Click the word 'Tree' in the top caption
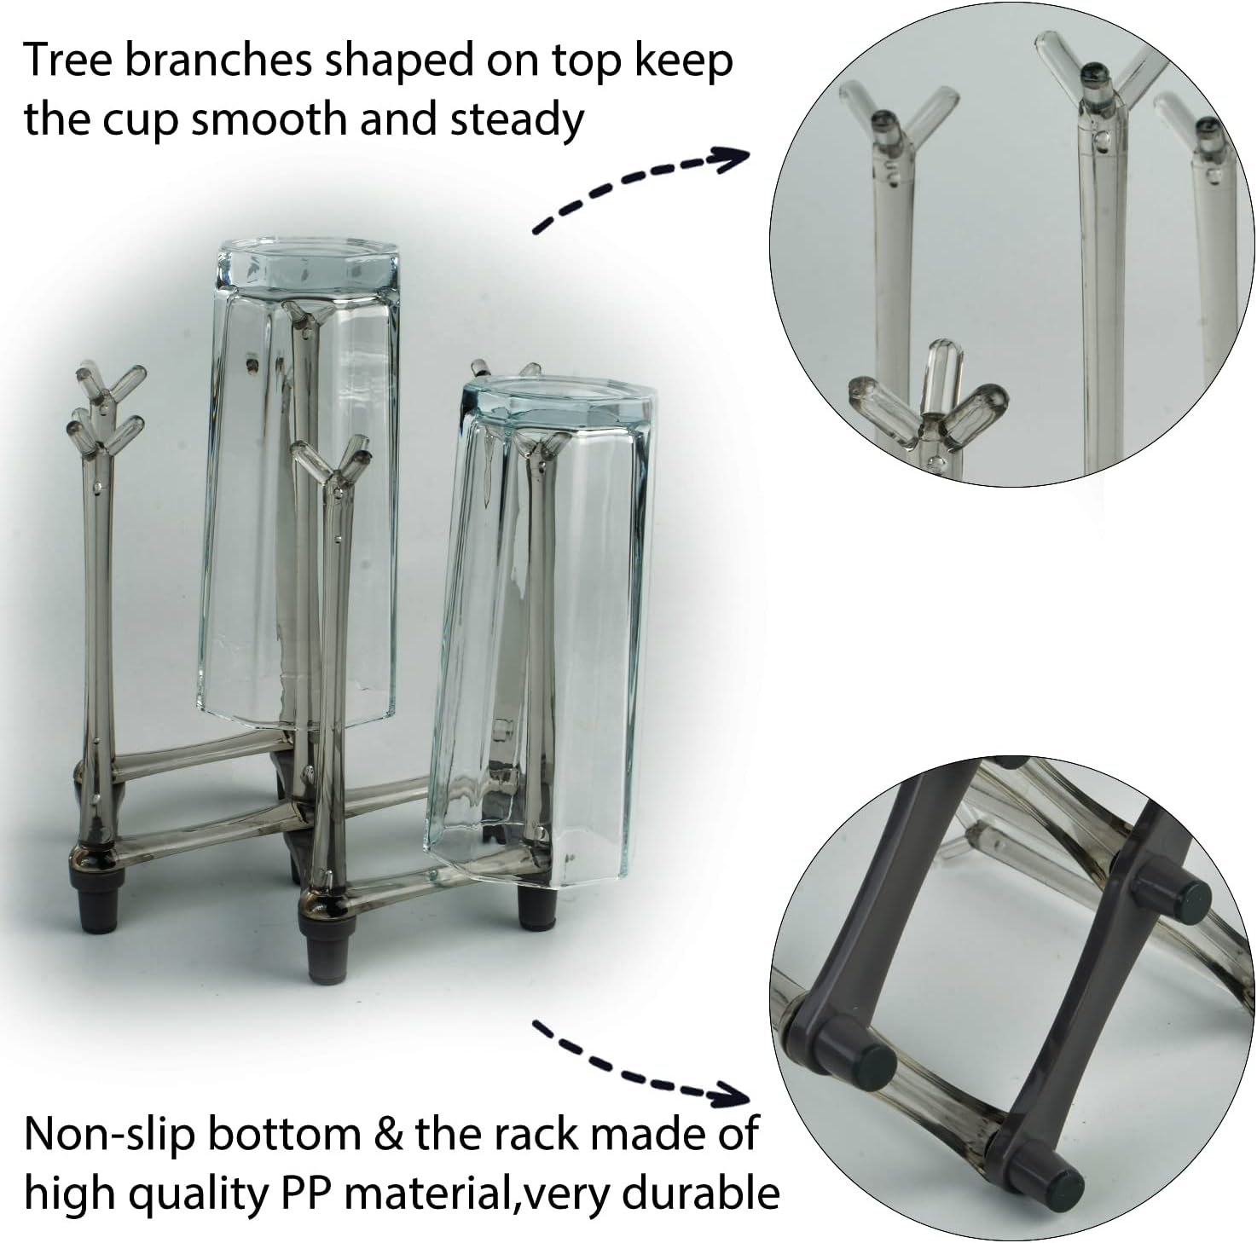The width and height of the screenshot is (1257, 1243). [x=67, y=60]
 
